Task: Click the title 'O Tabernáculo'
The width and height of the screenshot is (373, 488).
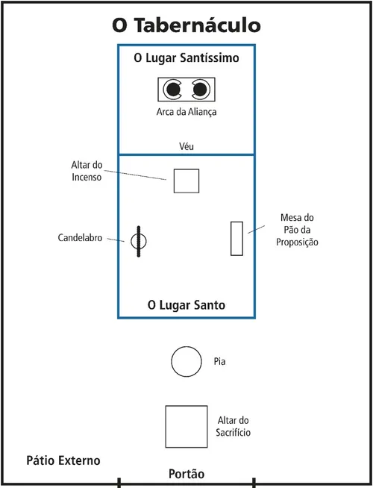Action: pyautogui.click(x=186, y=25)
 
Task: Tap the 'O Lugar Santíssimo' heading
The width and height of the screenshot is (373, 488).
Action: pyautogui.click(x=186, y=57)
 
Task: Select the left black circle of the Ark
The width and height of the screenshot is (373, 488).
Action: pyautogui.click(x=173, y=90)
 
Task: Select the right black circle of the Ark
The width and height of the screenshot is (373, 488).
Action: pyautogui.click(x=200, y=90)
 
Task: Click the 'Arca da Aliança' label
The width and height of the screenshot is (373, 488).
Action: pyautogui.click(x=186, y=113)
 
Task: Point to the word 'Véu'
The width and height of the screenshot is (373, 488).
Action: pyautogui.click(x=186, y=146)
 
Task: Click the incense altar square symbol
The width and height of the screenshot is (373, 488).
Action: pyautogui.click(x=186, y=181)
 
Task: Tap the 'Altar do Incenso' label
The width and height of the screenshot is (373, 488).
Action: pyautogui.click(x=87, y=172)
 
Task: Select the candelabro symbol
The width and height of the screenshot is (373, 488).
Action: pyautogui.click(x=139, y=241)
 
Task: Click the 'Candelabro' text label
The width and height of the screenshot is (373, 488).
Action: pyautogui.click(x=80, y=238)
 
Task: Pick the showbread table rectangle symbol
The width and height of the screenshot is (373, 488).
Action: pyautogui.click(x=236, y=239)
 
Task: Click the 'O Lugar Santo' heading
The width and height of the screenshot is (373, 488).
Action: pyautogui.click(x=186, y=305)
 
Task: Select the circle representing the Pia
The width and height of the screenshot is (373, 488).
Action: pyautogui.click(x=186, y=362)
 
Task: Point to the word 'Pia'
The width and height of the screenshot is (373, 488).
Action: pyautogui.click(x=219, y=362)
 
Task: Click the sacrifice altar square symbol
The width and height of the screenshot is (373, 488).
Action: pyautogui.click(x=186, y=426)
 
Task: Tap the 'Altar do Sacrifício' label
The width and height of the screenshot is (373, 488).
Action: pyautogui.click(x=233, y=426)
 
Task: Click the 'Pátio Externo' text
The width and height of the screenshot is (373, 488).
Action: pyautogui.click(x=63, y=461)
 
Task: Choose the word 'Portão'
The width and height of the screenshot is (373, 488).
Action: pyautogui.click(x=186, y=474)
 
